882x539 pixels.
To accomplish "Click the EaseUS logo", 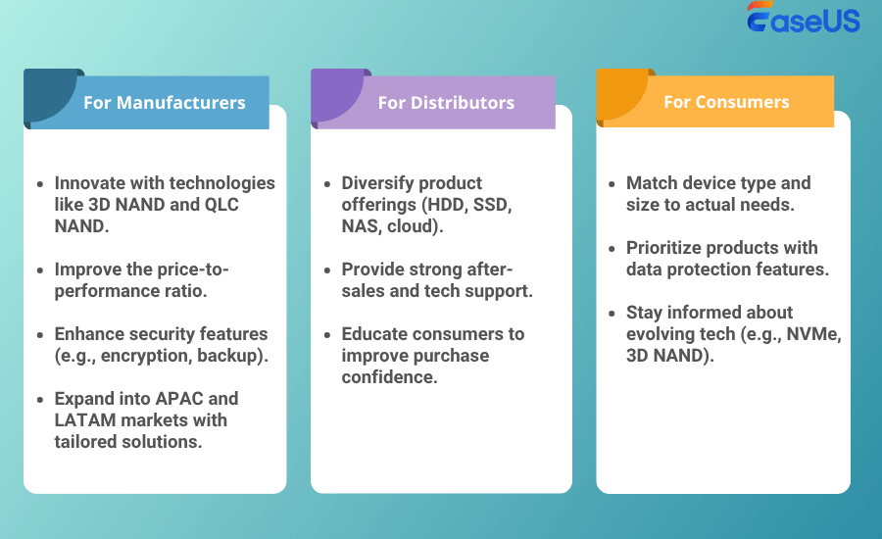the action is click(804, 17).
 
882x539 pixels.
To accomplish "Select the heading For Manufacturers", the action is click(165, 102).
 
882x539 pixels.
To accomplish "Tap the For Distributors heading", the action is click(446, 102).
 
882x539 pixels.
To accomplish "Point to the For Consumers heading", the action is click(726, 102).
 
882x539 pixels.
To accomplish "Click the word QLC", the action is click(221, 204).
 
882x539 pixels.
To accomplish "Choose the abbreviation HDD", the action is click(448, 204).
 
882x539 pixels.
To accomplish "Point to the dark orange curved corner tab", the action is click(618, 91).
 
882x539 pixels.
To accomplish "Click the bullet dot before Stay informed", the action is click(612, 314).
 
